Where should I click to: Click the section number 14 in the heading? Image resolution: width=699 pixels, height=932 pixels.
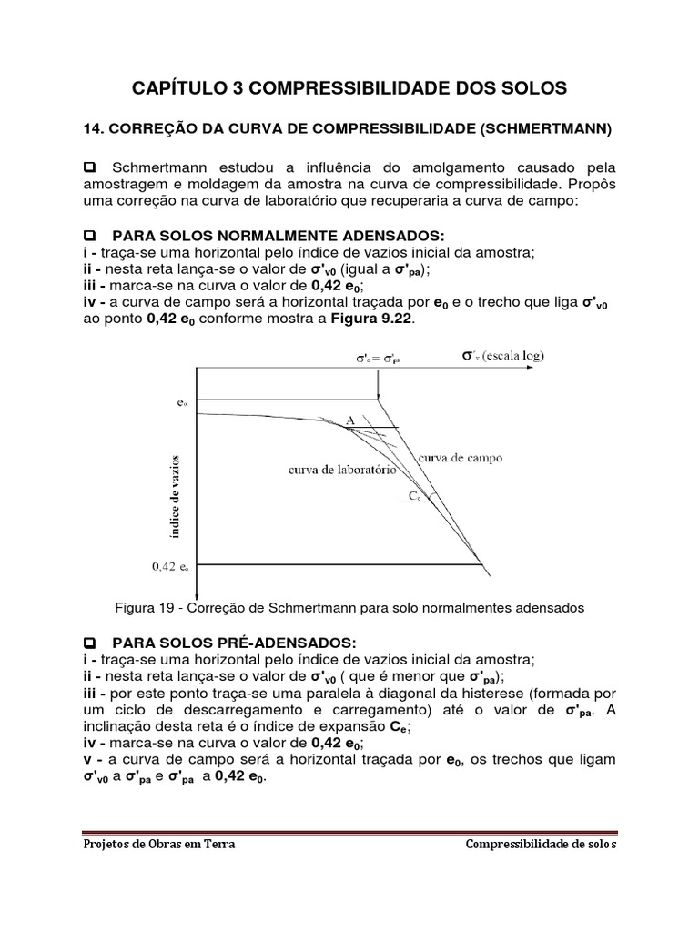pos(92,130)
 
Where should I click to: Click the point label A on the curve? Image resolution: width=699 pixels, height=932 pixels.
pos(350,420)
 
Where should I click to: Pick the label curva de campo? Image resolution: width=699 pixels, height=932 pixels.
pos(460,458)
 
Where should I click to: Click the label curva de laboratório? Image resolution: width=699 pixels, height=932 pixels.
pos(341,470)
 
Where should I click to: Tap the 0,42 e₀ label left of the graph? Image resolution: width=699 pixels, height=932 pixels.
pos(170,565)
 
